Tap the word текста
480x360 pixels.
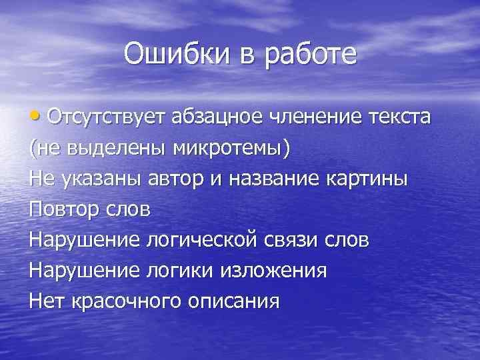tap(399, 119)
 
